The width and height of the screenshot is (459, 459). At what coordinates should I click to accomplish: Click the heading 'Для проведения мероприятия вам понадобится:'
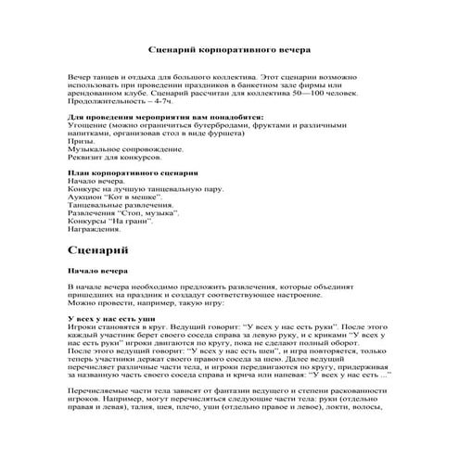point(167,118)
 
